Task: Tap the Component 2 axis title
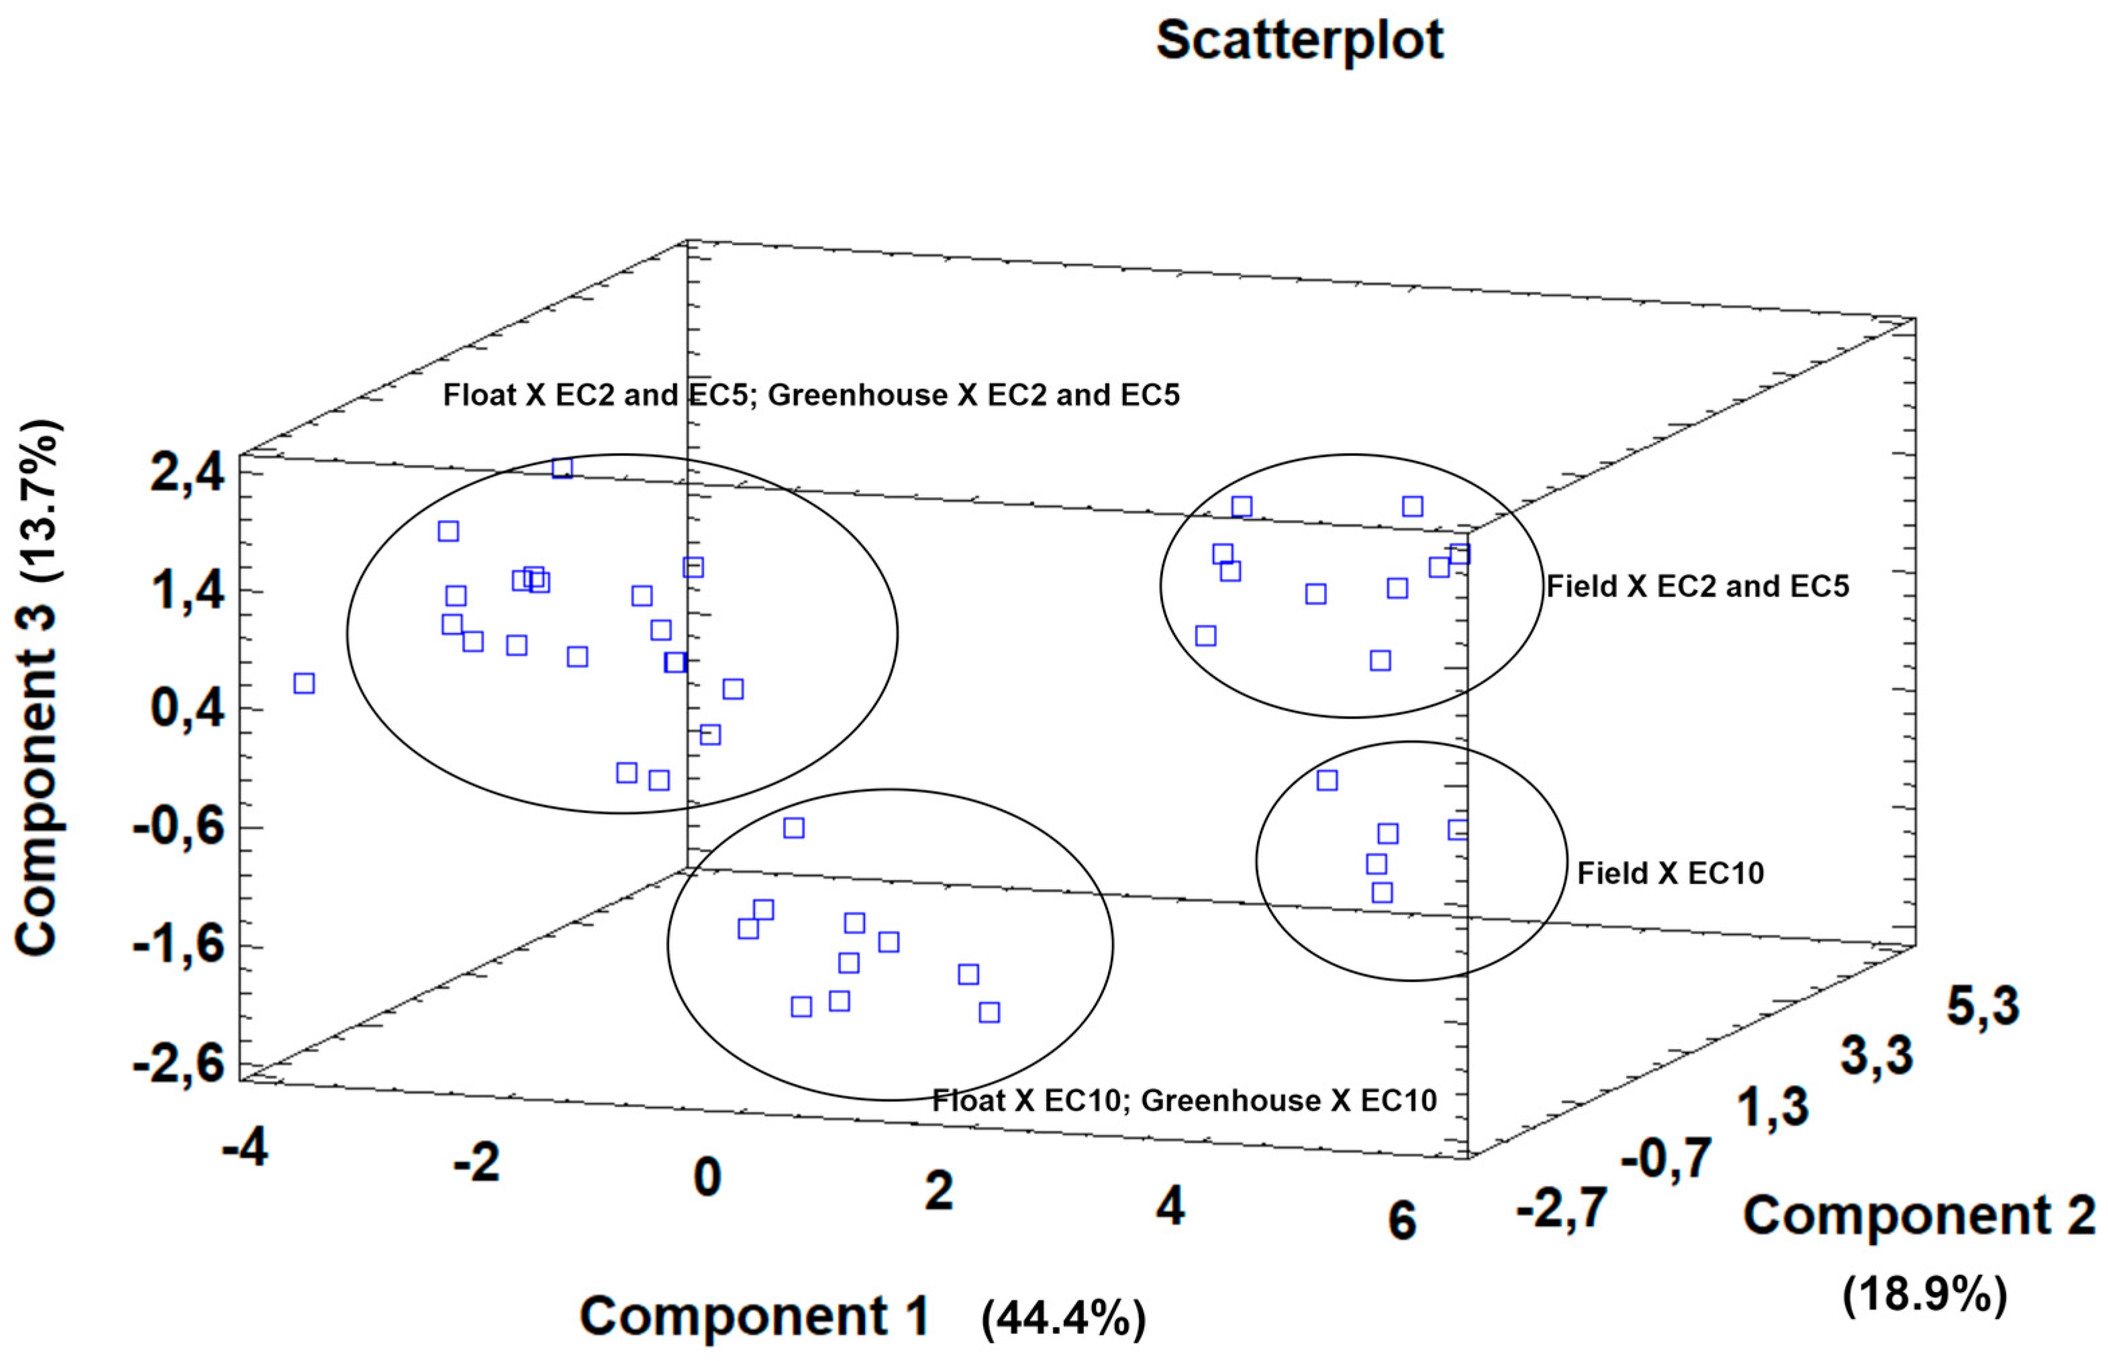pyautogui.click(x=1919, y=1215)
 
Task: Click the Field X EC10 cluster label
pyautogui.click(x=1670, y=873)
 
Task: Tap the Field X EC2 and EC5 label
pyautogui.click(x=1697, y=586)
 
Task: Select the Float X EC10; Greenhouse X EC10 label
pyautogui.click(x=1185, y=1101)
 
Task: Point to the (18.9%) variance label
pyautogui.click(x=1924, y=1296)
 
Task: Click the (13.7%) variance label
pyautogui.click(x=39, y=500)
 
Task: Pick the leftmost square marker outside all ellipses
pyautogui.click(x=304, y=683)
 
